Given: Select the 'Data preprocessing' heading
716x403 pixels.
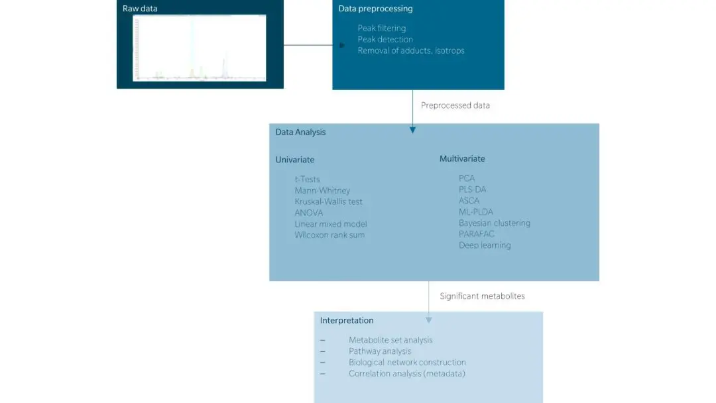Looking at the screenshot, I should click(x=375, y=9).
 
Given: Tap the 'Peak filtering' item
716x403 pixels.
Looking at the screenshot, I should click(x=382, y=29).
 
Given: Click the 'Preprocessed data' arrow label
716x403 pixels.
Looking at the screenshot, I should click(x=455, y=105).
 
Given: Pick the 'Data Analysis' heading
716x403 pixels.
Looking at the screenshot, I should click(x=301, y=132).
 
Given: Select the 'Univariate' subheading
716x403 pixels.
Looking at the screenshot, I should click(x=295, y=160).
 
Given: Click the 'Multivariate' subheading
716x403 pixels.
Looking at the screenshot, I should click(x=462, y=159).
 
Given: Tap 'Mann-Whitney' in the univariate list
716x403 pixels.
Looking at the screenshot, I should click(x=322, y=190).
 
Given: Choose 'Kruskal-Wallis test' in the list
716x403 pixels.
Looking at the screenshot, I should click(x=329, y=201).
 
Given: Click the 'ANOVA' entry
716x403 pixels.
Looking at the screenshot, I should click(x=309, y=213).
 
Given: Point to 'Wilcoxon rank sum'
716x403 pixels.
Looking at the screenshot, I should click(x=329, y=235).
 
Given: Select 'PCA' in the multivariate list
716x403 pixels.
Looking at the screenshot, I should click(x=467, y=178).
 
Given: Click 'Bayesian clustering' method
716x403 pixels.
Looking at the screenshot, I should click(x=495, y=223).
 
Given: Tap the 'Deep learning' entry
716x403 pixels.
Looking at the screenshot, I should click(x=485, y=245).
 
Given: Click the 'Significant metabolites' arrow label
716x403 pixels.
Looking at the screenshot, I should click(x=482, y=296).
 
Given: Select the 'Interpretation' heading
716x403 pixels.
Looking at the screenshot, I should click(x=347, y=320).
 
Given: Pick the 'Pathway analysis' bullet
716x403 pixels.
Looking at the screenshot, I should click(x=380, y=351).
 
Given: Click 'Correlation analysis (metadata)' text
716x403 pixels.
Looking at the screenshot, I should click(x=407, y=374).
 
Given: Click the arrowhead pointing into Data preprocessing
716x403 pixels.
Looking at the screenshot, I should click(x=342, y=46).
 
